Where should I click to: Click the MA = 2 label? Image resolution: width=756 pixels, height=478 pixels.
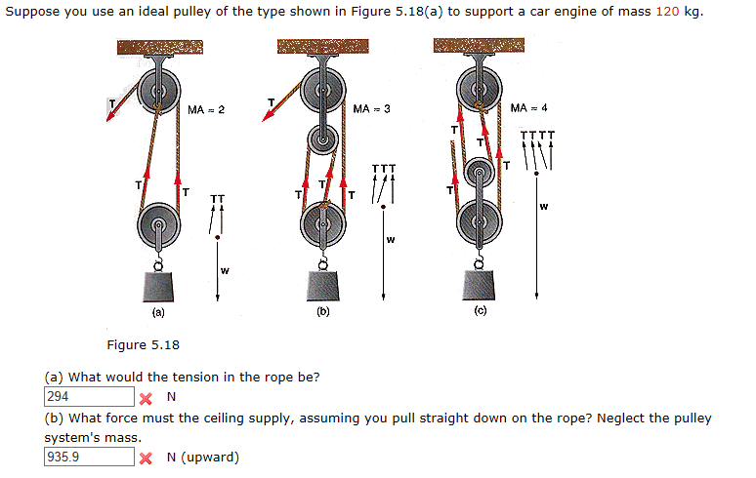206,109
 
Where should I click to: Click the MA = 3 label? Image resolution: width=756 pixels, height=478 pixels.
371,108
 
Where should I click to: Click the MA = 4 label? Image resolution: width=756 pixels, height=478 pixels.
528,106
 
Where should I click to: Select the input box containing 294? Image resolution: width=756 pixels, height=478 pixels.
88,397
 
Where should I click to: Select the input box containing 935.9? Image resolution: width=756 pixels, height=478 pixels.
88,457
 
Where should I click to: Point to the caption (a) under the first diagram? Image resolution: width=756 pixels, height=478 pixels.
157,314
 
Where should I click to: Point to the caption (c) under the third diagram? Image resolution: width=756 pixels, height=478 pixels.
480,313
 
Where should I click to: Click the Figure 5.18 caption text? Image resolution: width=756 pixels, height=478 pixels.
143,344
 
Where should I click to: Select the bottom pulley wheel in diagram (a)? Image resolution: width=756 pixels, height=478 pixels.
158,227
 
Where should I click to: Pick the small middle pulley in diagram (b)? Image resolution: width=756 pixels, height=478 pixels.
321,140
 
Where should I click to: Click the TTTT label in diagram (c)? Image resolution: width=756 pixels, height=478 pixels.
538,136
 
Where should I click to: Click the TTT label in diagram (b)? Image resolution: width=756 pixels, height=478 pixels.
385,169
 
